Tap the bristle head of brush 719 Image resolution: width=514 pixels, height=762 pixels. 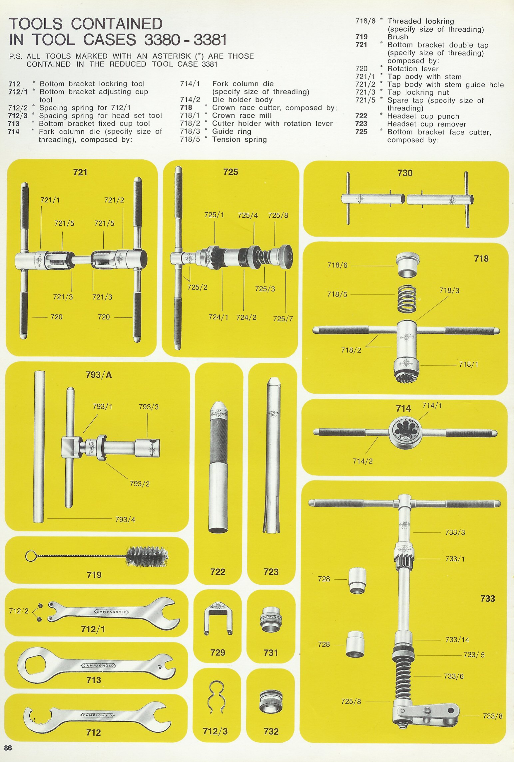147,556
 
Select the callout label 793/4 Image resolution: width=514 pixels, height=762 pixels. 125,519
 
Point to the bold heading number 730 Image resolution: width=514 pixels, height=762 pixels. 405,173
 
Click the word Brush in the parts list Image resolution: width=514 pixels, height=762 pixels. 398,37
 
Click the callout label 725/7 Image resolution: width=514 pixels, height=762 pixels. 283,319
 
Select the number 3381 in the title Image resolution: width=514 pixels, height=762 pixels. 210,40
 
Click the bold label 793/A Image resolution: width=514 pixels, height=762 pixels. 99,375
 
